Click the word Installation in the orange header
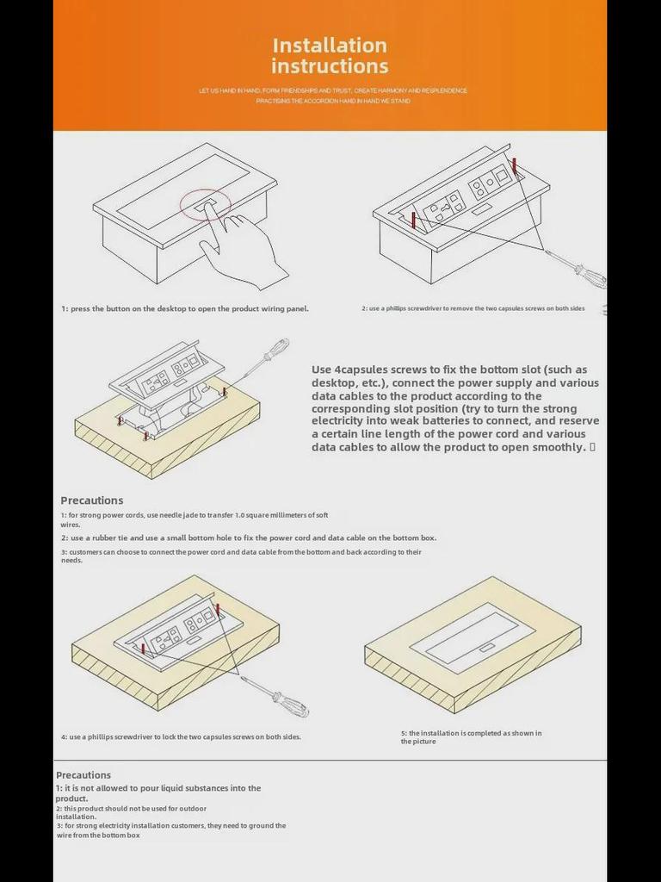[x=330, y=46]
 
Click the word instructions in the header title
[x=330, y=66]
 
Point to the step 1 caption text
[x=185, y=308]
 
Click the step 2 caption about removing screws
[x=473, y=308]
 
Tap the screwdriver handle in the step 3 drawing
[x=275, y=350]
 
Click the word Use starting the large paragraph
[x=321, y=370]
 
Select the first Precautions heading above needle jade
[x=92, y=500]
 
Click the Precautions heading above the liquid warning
[x=83, y=775]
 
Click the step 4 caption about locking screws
[x=181, y=737]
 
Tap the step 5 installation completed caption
[x=471, y=737]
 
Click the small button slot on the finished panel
[x=487, y=648]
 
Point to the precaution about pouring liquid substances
[x=158, y=792]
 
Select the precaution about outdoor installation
[x=131, y=812]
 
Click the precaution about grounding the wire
[x=171, y=830]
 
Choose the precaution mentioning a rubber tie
[x=249, y=538]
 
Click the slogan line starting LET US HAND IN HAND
[x=333, y=90]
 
